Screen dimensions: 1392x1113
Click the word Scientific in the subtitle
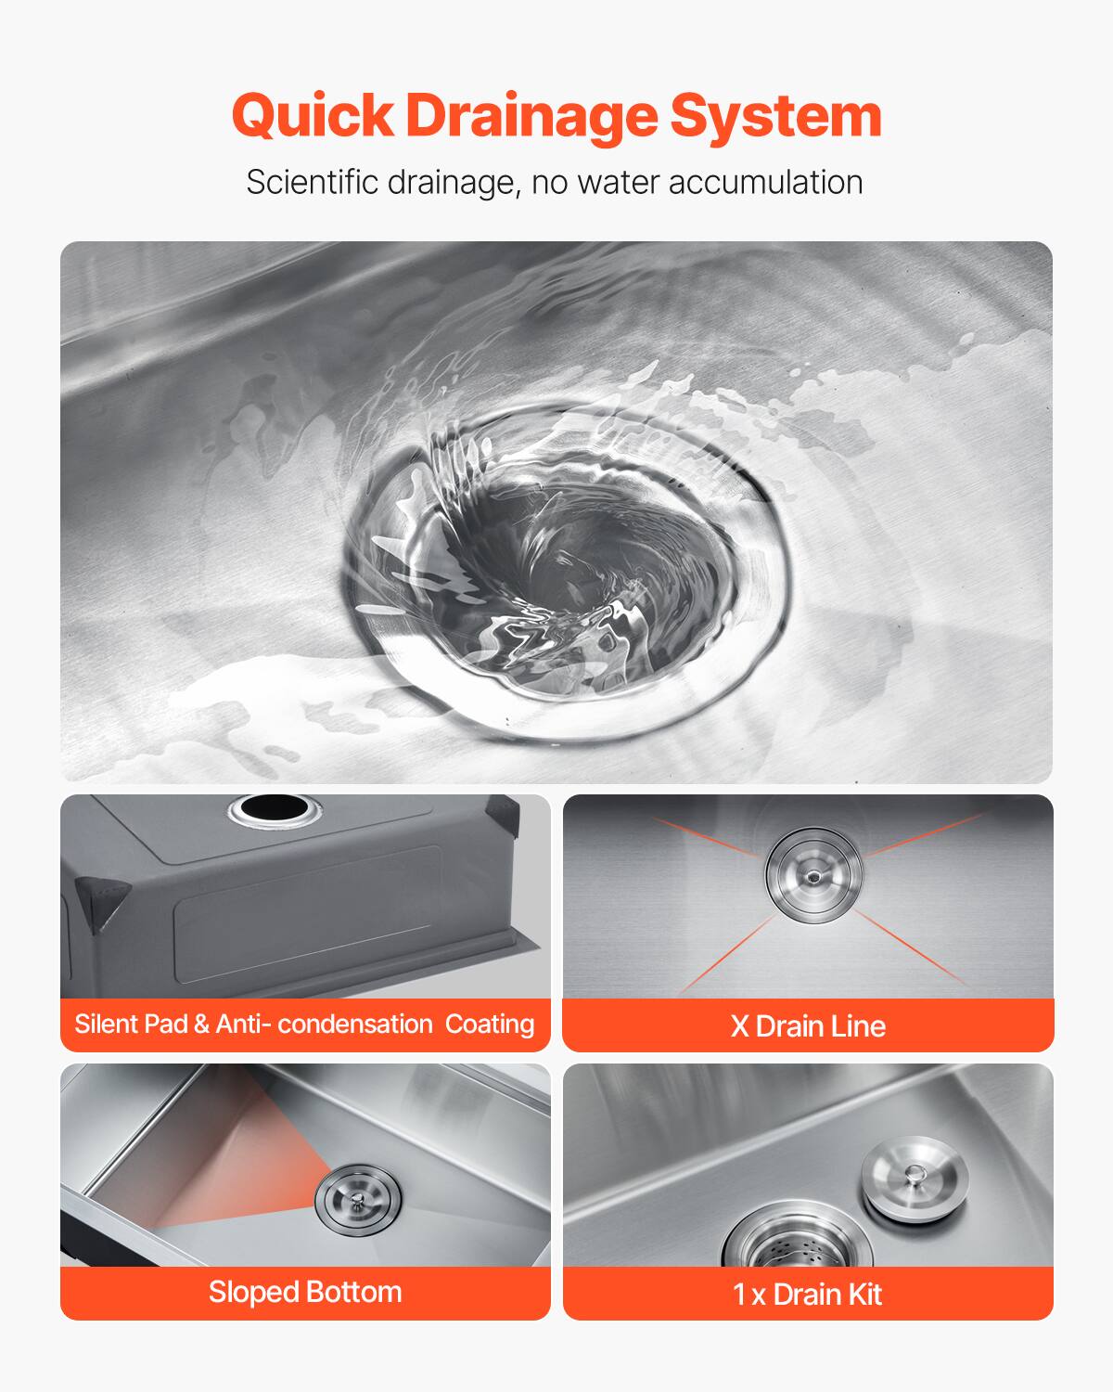[313, 182]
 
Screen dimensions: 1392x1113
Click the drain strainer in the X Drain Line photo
[813, 873]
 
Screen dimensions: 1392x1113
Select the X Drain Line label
[808, 1025]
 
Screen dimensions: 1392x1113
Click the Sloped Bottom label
[305, 1292]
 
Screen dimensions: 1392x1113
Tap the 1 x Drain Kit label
[808, 1294]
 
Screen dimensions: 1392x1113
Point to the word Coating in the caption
[490, 1024]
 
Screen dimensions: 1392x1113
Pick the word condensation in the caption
[355, 1024]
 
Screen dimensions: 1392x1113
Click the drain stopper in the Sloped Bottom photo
[358, 1198]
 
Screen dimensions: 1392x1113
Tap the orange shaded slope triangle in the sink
[246, 1169]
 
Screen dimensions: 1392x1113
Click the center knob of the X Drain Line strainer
[813, 874]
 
